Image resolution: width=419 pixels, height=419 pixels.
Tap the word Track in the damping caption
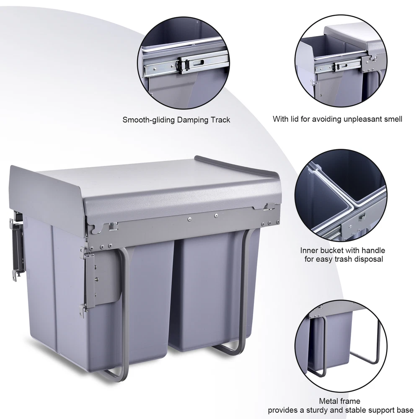click(x=220, y=120)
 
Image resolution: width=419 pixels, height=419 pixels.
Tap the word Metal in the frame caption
click(x=327, y=401)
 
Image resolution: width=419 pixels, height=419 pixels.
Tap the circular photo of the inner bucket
click(x=341, y=195)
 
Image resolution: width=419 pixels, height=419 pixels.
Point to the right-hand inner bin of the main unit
click(x=214, y=291)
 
